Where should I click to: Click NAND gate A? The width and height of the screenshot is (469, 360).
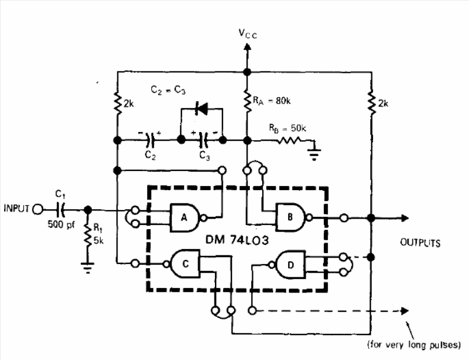(x=185, y=218)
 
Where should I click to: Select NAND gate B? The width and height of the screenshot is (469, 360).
(x=291, y=218)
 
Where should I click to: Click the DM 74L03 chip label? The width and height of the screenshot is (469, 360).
(x=237, y=240)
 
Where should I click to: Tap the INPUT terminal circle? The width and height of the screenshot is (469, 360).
(x=38, y=209)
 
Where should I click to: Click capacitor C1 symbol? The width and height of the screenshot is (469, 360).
(x=60, y=209)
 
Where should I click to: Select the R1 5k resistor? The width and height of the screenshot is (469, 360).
(x=88, y=235)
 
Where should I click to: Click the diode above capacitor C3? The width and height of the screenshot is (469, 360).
(x=201, y=108)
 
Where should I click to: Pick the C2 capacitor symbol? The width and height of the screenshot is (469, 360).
(x=150, y=140)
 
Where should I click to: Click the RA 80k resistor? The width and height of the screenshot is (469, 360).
(x=247, y=101)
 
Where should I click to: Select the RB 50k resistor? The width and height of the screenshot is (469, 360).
(x=289, y=140)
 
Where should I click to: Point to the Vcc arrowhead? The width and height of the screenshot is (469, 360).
(x=247, y=47)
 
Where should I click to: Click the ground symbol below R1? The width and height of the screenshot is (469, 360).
(x=88, y=268)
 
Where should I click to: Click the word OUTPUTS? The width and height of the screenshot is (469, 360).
(x=420, y=243)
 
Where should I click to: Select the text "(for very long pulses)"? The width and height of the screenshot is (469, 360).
(x=414, y=345)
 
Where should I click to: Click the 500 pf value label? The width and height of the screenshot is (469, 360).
(x=61, y=224)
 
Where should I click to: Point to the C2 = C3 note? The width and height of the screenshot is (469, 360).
(x=168, y=90)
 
